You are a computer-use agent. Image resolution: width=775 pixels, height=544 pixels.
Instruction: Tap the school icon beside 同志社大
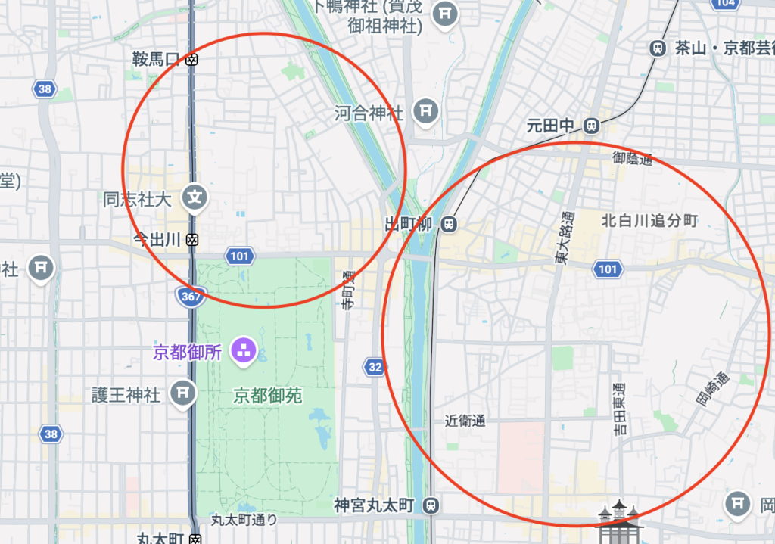[195, 198]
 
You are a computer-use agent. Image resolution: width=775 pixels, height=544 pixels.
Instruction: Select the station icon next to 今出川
[193, 239]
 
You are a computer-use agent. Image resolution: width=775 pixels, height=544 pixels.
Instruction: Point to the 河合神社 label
[369, 113]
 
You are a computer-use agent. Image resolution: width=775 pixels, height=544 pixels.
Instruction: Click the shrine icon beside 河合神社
[427, 111]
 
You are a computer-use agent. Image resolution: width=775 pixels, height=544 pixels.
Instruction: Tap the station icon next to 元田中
[592, 126]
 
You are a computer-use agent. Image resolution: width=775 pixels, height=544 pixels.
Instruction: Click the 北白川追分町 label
[649, 221]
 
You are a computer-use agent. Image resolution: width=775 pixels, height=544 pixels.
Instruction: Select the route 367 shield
[191, 297]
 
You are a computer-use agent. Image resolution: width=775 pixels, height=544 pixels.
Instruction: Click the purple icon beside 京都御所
[244, 351]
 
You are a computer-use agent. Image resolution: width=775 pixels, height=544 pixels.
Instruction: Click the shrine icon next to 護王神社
[182, 393]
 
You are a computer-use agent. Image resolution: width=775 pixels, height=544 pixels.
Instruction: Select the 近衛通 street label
[465, 421]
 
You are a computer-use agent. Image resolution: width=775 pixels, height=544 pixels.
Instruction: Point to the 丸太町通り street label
[244, 520]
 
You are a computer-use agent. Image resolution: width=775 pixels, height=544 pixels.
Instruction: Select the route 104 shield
[725, 3]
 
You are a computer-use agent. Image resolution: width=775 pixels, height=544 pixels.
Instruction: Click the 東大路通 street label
[562, 236]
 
